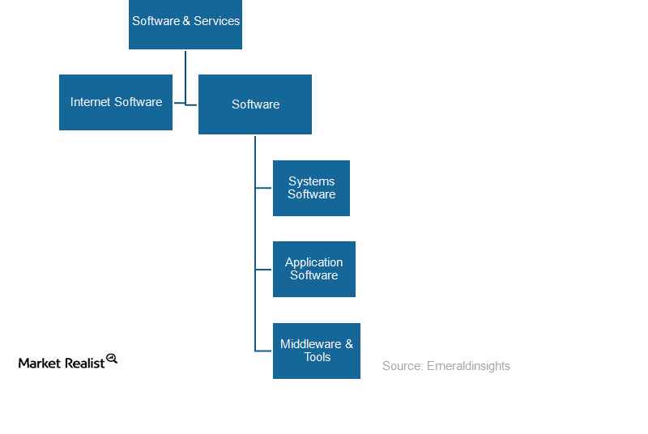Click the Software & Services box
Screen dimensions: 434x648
point(185,24)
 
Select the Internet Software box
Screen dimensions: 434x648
point(116,102)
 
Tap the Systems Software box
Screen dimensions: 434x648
point(311,188)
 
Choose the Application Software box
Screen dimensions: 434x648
point(313,269)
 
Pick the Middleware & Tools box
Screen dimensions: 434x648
point(316,351)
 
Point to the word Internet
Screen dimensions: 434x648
point(91,102)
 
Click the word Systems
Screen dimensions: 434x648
point(312,181)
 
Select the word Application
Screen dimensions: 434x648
point(314,262)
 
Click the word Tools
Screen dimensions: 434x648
point(318,357)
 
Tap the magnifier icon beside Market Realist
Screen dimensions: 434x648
point(112,359)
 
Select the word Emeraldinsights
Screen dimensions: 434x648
point(468,366)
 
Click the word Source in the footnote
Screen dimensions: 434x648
point(401,366)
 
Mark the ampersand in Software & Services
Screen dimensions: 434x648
point(186,21)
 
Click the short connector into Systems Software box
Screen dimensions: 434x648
point(264,188)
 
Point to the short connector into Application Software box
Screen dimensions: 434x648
point(264,269)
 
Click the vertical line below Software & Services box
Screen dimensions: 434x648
point(185,77)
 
